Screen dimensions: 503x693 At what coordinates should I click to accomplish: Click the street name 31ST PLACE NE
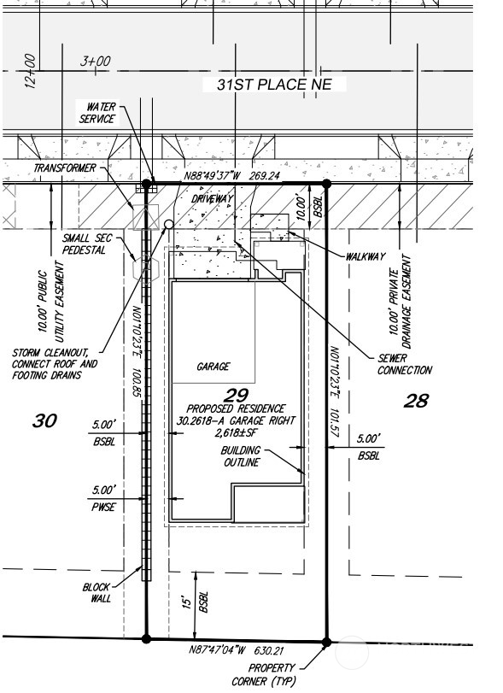click(274, 85)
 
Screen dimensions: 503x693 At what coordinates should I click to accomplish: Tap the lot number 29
click(236, 395)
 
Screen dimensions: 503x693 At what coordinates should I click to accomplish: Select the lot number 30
click(44, 420)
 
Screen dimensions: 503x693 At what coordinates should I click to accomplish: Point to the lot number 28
click(416, 401)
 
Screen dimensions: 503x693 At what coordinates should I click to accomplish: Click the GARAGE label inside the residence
click(213, 367)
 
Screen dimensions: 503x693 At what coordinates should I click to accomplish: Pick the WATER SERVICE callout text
click(97, 113)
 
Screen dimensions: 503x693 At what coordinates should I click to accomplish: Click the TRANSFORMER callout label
click(64, 168)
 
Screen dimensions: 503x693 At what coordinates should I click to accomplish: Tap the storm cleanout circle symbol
click(169, 225)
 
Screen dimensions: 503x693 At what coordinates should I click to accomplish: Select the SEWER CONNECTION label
click(405, 364)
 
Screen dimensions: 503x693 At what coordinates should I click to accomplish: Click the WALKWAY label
click(366, 256)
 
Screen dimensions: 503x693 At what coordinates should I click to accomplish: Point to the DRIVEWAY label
click(212, 199)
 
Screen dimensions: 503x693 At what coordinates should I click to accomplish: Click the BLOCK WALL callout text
click(97, 593)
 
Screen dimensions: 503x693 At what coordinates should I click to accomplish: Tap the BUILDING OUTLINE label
click(241, 456)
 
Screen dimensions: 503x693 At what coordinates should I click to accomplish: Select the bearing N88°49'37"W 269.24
click(231, 175)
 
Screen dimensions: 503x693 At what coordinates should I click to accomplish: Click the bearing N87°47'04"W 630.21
click(237, 650)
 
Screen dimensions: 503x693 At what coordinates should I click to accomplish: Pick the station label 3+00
click(95, 61)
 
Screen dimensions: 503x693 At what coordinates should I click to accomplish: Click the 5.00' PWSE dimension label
click(104, 498)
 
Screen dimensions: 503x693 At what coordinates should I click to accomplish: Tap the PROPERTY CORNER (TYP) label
click(264, 674)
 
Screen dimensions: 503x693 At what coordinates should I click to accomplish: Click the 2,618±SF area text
click(236, 432)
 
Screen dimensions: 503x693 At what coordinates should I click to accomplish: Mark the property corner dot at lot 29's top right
click(326, 184)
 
